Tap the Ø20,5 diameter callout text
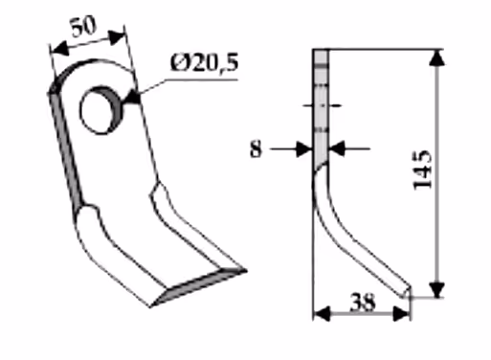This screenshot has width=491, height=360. point(205,63)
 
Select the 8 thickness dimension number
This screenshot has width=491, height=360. point(256,149)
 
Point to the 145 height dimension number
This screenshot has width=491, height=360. point(423,169)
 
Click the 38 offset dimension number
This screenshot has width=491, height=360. point(362,303)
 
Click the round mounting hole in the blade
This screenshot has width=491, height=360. point(100,110)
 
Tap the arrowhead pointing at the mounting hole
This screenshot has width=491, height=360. point(132,98)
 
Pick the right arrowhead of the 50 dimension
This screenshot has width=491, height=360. point(116,37)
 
